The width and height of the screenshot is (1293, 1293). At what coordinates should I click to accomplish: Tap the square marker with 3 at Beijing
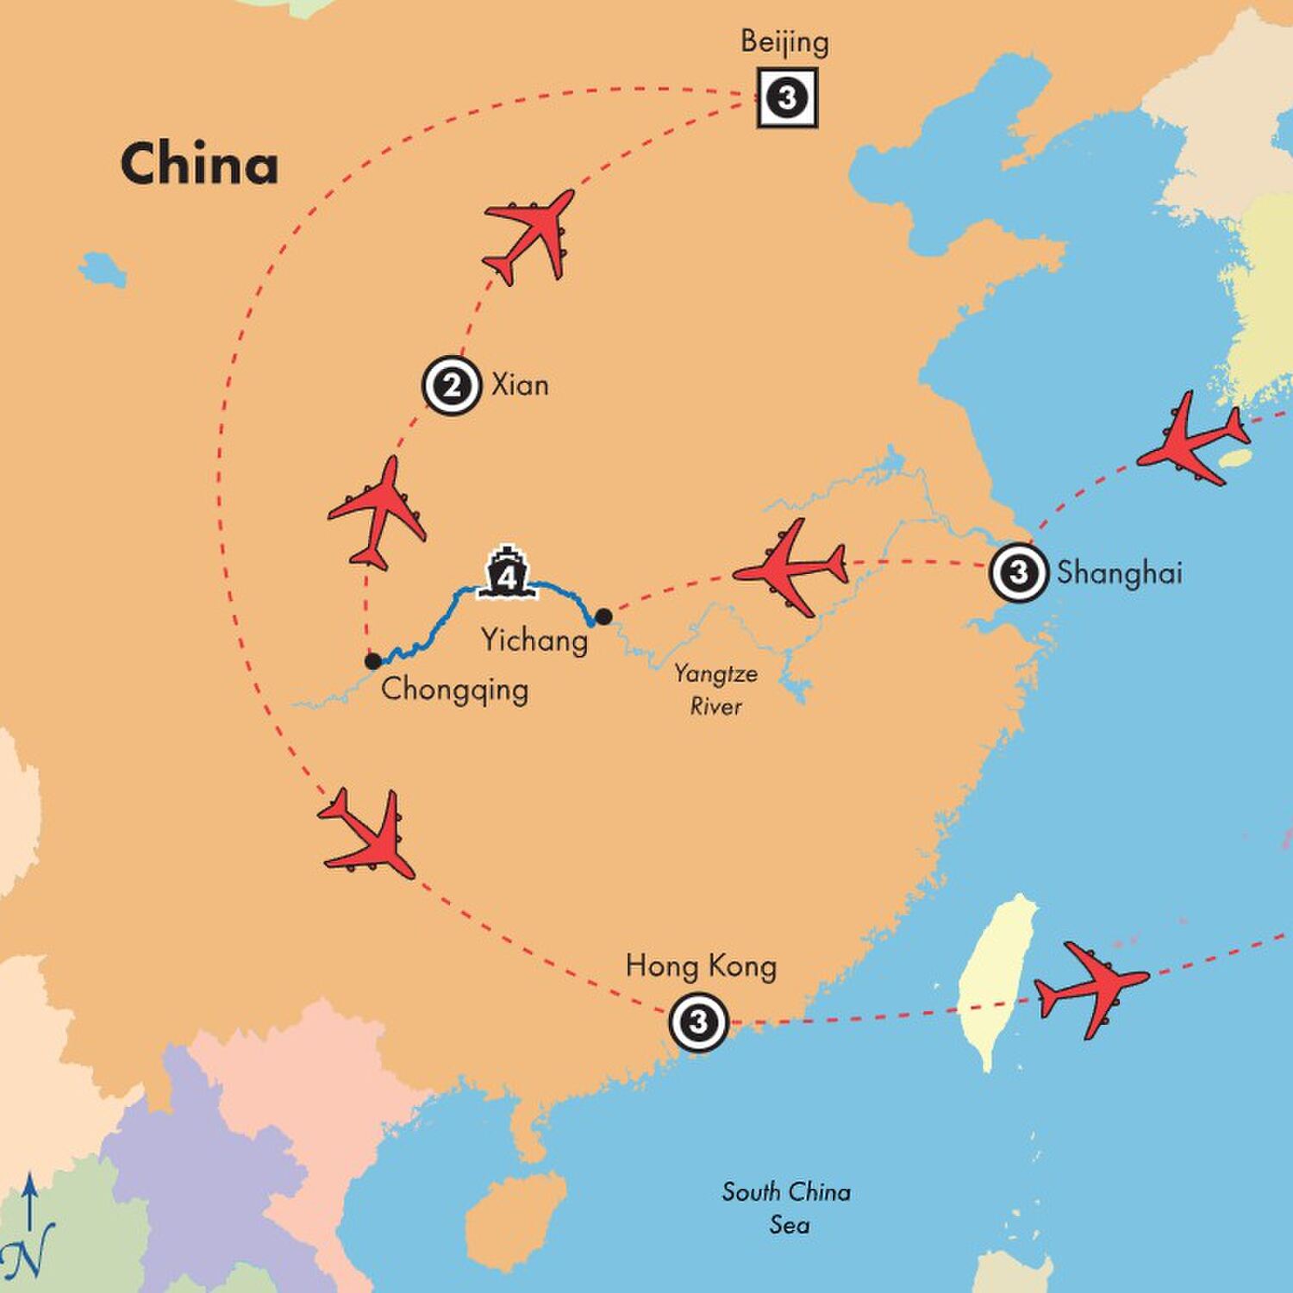click(786, 97)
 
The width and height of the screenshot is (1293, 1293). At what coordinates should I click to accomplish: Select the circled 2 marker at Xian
click(451, 385)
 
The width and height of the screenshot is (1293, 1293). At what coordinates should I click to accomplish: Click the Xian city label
click(520, 384)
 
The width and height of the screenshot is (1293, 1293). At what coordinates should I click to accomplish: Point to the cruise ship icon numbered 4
click(506, 572)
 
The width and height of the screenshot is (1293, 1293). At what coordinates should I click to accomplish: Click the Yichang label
click(534, 640)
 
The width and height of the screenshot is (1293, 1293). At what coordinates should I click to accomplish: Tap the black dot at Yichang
click(604, 616)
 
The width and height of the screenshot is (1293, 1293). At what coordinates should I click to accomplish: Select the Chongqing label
click(454, 690)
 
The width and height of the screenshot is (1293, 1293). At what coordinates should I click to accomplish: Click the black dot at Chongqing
click(372, 661)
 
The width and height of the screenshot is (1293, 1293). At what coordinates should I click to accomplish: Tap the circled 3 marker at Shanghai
click(1018, 572)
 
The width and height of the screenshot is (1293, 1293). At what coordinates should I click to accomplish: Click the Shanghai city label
click(1120, 573)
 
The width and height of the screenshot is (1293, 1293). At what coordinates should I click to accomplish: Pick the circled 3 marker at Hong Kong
click(698, 1022)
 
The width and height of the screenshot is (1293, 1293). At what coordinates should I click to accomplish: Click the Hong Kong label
click(701, 966)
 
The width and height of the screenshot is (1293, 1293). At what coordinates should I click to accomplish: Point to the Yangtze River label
click(715, 690)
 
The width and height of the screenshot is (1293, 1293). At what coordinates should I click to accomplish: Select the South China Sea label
click(786, 1208)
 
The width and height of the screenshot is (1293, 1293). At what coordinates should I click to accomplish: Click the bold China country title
click(199, 164)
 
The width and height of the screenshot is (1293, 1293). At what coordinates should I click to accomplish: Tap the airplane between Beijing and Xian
click(528, 234)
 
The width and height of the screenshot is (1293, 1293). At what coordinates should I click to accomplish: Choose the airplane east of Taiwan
click(1090, 988)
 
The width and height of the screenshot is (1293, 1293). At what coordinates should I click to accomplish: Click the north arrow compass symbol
click(32, 1224)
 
